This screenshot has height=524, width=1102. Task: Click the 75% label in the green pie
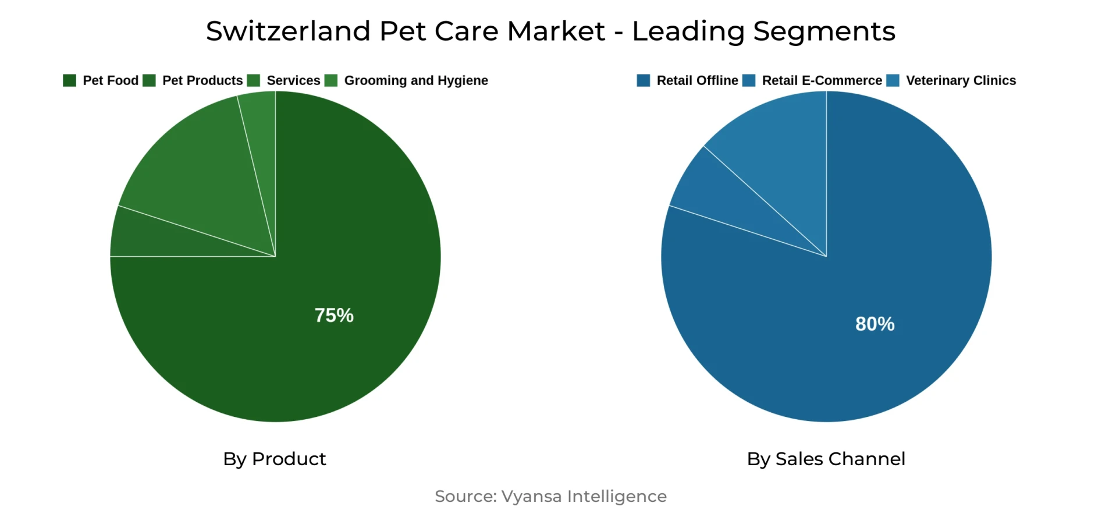(x=334, y=316)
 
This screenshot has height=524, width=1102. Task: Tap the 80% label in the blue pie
(x=875, y=324)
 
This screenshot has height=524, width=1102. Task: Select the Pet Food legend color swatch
(x=70, y=80)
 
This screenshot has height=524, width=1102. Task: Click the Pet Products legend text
(x=202, y=80)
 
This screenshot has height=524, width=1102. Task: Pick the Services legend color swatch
(x=254, y=80)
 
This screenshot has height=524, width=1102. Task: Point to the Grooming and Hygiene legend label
(x=416, y=80)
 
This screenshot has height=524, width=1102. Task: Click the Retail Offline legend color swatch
(x=644, y=80)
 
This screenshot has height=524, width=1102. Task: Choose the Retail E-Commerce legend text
(x=822, y=80)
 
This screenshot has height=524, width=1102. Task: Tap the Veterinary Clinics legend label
(x=961, y=80)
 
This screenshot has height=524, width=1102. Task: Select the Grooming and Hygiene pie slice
(x=261, y=128)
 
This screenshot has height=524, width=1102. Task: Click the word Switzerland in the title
(x=288, y=31)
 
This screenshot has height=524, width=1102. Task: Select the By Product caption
(x=275, y=459)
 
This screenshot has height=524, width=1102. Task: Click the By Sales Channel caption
(x=826, y=459)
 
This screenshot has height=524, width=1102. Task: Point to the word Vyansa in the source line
(x=531, y=497)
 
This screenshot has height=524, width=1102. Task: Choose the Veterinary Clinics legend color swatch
(x=893, y=80)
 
